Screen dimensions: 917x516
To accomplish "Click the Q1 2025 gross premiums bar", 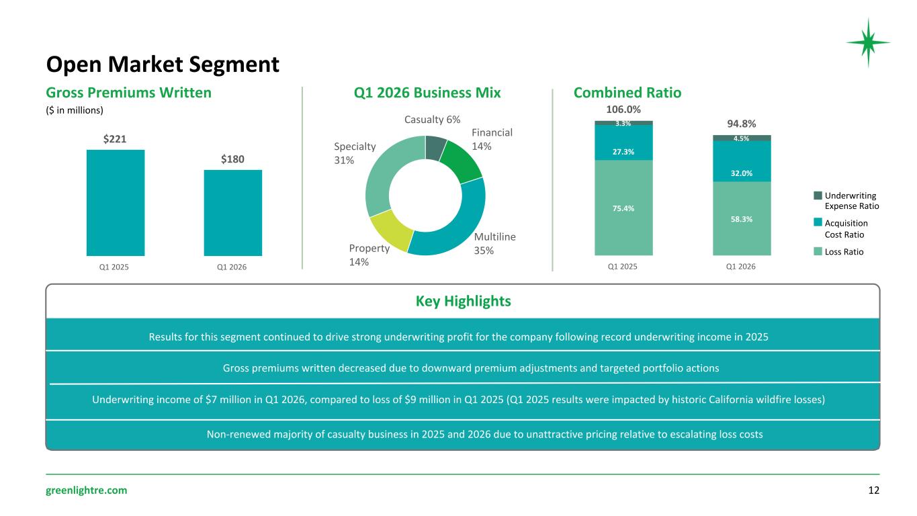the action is [116, 203].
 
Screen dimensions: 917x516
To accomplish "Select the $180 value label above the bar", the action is [232, 159].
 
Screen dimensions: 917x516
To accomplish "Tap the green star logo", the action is [868, 42].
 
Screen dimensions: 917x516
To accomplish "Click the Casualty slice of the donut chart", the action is [435, 147].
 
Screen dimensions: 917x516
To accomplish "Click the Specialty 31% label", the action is [355, 153].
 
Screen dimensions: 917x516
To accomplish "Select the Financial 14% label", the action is [492, 139].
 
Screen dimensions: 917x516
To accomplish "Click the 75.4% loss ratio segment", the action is [623, 208].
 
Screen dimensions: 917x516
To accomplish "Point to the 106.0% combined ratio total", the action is [623, 110].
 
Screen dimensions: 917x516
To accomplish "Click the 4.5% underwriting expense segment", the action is [742, 138].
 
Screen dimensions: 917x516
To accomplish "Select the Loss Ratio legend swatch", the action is [818, 251].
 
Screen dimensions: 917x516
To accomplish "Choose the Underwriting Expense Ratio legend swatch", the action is [818, 196].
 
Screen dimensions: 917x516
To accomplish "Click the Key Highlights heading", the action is [463, 301].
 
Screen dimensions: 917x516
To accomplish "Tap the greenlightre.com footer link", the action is [87, 490].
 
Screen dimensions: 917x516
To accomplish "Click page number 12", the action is [873, 490].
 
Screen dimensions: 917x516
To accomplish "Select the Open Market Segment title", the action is [163, 64].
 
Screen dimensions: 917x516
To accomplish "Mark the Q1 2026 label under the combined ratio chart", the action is [740, 267].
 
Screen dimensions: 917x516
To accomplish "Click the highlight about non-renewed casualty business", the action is [485, 434].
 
